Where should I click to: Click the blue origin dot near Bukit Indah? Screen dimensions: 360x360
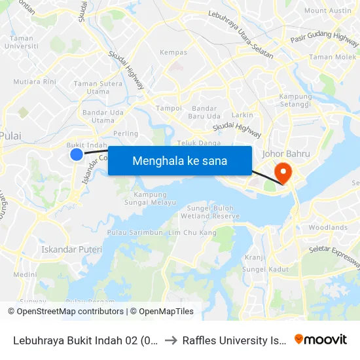pyautogui.click(x=77, y=154)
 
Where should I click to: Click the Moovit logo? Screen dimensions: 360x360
pyautogui.click(x=321, y=339)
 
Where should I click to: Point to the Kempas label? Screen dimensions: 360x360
pyautogui.click(x=173, y=52)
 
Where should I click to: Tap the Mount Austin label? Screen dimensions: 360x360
pyautogui.click(x=328, y=10)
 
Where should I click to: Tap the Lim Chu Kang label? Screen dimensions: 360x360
pyautogui.click(x=192, y=233)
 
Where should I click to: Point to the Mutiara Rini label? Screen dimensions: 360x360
pyautogui.click(x=35, y=82)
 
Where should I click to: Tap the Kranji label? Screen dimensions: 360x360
pyautogui.click(x=255, y=257)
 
